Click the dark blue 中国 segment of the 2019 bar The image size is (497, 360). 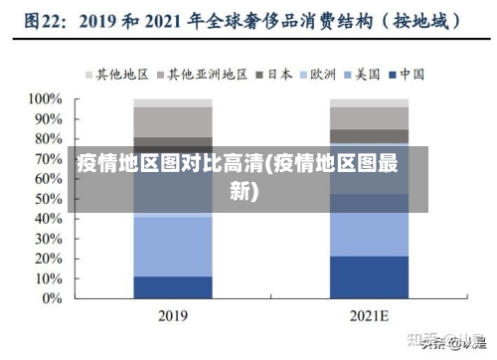(173, 287)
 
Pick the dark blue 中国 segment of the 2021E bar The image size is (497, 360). (370, 277)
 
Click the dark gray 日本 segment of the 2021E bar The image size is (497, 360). (370, 136)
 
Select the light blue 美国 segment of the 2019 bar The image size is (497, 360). (173, 245)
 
